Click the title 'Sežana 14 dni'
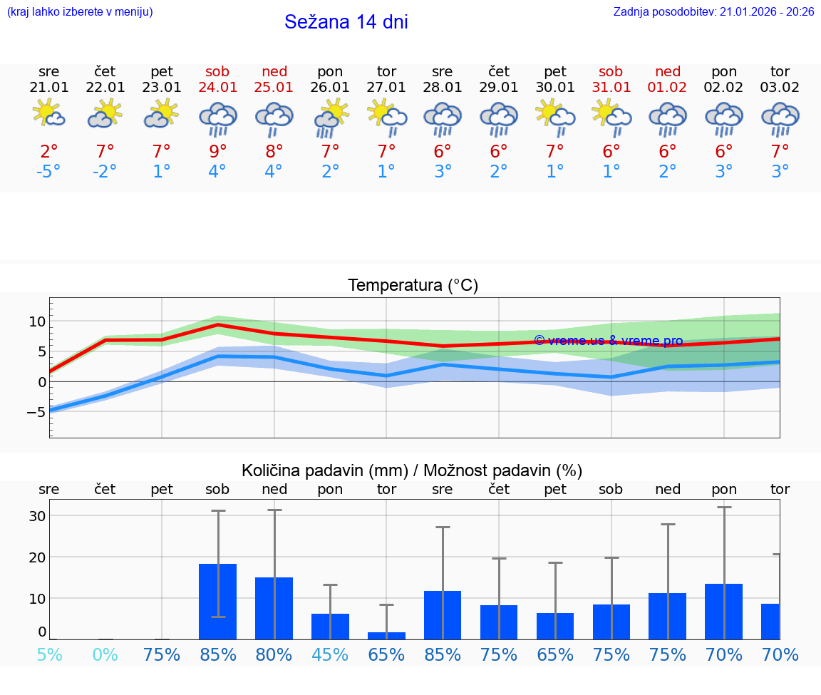click(346, 22)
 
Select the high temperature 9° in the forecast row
click(218, 151)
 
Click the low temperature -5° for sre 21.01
click(48, 172)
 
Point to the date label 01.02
click(668, 88)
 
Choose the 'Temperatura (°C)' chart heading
click(413, 286)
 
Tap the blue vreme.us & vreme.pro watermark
click(608, 341)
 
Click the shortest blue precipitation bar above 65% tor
click(386, 635)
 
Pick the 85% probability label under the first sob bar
click(218, 654)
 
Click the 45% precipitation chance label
click(330, 654)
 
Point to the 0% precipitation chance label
click(105, 654)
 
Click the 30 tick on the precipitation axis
click(37, 516)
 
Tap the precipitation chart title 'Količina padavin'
click(412, 470)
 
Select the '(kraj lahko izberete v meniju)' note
click(80, 12)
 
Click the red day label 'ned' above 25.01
click(274, 71)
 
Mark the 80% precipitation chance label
click(274, 654)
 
